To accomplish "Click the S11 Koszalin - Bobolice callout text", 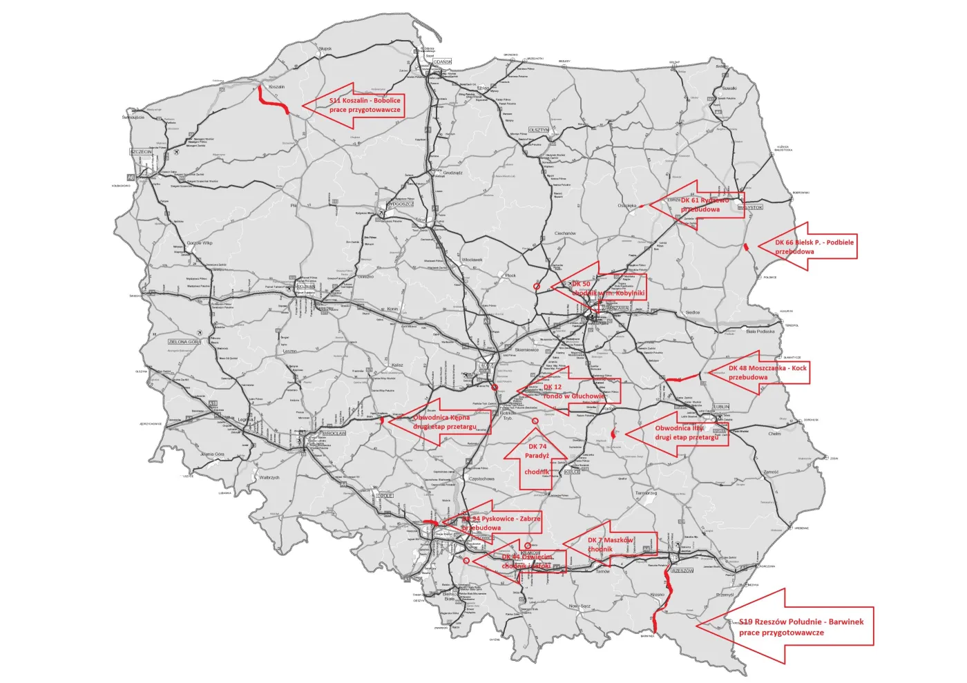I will pyautogui.click(x=365, y=105).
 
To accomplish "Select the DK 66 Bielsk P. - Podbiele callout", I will pyautogui.click(x=814, y=247).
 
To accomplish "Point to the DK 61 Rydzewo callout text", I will pyautogui.click(x=705, y=204).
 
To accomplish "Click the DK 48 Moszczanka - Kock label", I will pyautogui.click(x=767, y=373).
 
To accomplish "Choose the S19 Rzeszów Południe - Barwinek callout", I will pyautogui.click(x=801, y=626).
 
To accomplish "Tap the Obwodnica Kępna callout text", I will pyautogui.click(x=444, y=422).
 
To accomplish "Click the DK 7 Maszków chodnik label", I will pyautogui.click(x=610, y=544).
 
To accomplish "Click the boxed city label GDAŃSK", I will pyautogui.click(x=442, y=62).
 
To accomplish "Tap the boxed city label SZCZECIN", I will pyautogui.click(x=141, y=152).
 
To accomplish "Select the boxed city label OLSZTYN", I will pyautogui.click(x=539, y=130).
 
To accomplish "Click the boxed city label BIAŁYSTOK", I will pyautogui.click(x=750, y=207).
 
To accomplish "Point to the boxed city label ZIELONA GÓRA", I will pyautogui.click(x=184, y=342).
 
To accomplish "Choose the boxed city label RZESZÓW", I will pyautogui.click(x=682, y=570).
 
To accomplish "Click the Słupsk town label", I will pyautogui.click(x=325, y=48).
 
